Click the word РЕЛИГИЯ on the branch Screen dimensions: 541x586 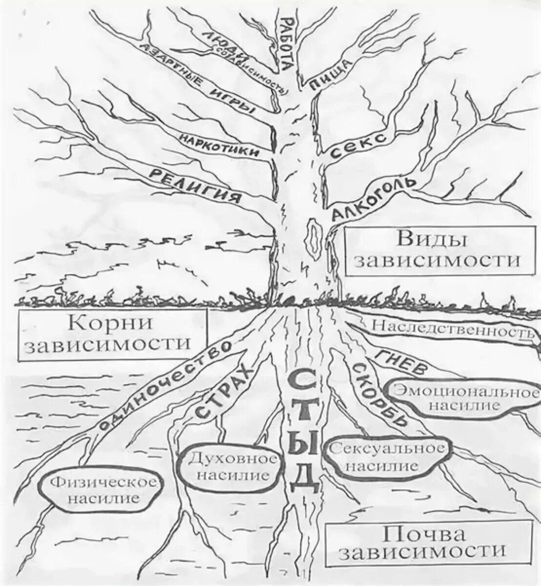click(x=195, y=185)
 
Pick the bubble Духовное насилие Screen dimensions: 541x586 click(x=229, y=466)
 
